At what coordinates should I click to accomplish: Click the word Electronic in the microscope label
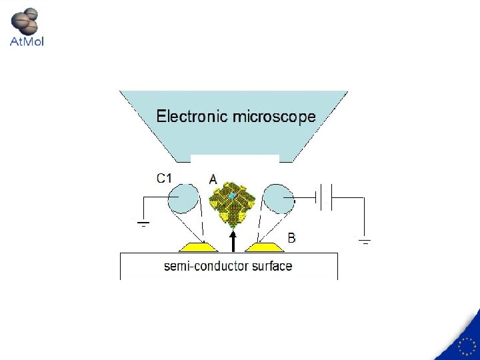pyautogui.click(x=191, y=117)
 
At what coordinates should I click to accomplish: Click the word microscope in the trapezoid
pyautogui.click(x=274, y=117)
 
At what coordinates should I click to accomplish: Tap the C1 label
pyautogui.click(x=165, y=178)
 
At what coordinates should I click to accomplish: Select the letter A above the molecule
pyautogui.click(x=213, y=179)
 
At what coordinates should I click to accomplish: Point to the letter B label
pyautogui.click(x=291, y=237)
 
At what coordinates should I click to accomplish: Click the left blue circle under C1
pyautogui.click(x=183, y=199)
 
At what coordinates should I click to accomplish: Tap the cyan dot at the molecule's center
pyautogui.click(x=232, y=196)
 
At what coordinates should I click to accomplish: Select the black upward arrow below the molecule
pyautogui.click(x=233, y=241)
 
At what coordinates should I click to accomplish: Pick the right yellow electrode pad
pyautogui.click(x=265, y=247)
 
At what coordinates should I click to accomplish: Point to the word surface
pyautogui.click(x=273, y=266)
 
